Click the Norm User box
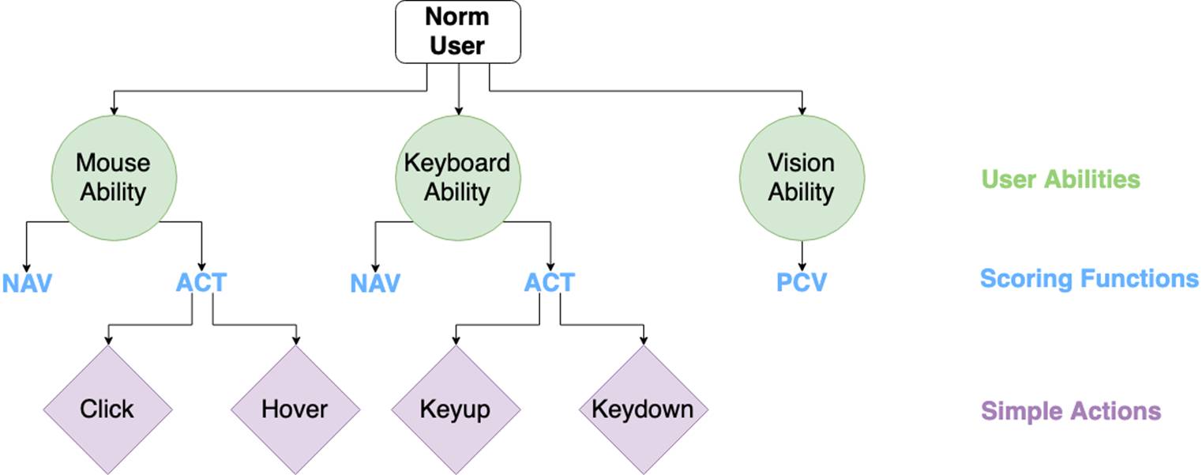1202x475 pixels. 458,32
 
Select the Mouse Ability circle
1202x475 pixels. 114,178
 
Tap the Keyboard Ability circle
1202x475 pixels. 458,178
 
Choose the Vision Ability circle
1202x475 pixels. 802,178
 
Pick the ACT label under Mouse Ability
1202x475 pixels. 201,282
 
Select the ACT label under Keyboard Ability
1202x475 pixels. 550,282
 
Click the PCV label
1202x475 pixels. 802,282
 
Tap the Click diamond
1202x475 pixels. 108,409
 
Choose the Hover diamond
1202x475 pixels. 295,409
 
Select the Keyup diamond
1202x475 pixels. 456,409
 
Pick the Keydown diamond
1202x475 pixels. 644,409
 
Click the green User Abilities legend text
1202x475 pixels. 1061,179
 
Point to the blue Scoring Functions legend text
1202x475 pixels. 1089,278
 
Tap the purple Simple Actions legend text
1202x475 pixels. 1071,411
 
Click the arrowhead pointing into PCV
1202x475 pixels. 802,267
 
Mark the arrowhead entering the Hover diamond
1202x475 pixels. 295,341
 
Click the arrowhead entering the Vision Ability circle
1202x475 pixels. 802,111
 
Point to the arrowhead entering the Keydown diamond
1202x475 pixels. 644,341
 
